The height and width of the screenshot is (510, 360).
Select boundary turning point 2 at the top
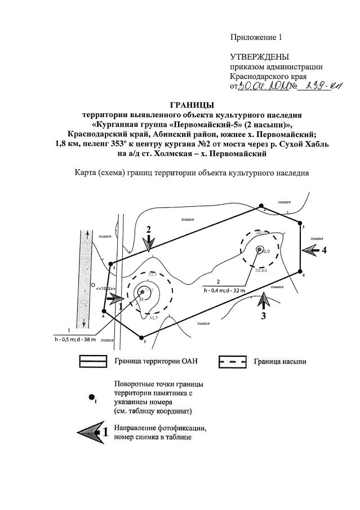point(261,206)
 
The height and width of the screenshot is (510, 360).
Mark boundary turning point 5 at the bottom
point(141,336)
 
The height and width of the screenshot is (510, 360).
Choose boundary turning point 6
point(104,311)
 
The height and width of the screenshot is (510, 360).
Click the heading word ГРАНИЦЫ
point(192,104)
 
